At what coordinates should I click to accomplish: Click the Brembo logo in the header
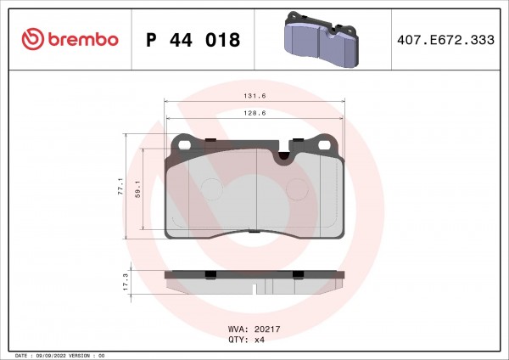point(70,39)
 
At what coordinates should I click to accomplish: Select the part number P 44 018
point(193,40)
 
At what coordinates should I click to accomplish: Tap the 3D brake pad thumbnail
point(322,39)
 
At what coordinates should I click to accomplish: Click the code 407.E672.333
point(445,40)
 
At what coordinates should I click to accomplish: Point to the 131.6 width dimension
point(255,96)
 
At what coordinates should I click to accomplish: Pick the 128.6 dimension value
point(255,113)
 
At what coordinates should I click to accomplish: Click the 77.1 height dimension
point(120,186)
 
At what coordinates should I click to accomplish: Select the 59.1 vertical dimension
point(138,189)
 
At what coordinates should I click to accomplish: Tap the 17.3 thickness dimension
point(126,282)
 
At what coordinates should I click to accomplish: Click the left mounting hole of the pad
point(185,145)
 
